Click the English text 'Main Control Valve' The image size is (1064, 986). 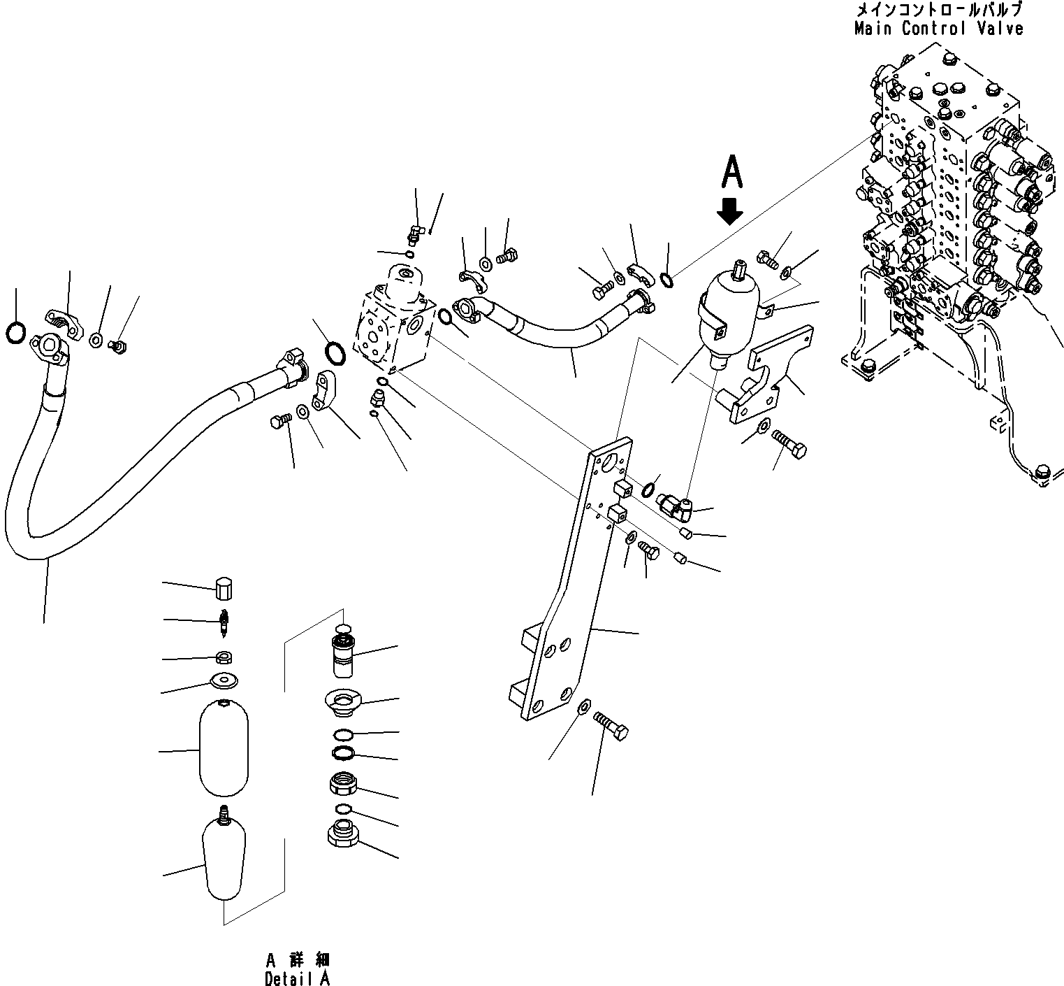pos(938,29)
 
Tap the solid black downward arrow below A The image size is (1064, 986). pos(730,210)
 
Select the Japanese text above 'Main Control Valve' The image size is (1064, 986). pos(938,10)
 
